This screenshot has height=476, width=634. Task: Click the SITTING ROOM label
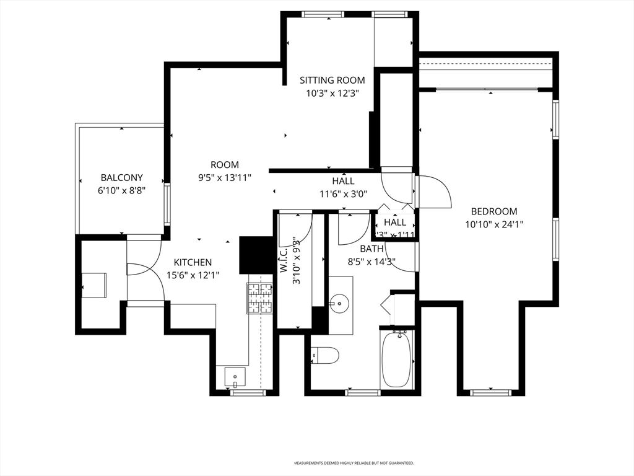click(332, 80)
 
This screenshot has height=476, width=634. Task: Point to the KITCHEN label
click(193, 262)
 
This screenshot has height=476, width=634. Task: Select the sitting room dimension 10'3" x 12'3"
click(332, 93)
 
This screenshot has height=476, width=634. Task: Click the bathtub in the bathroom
click(397, 359)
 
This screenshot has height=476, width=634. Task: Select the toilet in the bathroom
click(325, 356)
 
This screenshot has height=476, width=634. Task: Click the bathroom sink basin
click(340, 303)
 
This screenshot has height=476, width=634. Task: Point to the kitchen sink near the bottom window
click(235, 376)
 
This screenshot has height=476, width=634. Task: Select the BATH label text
click(355, 249)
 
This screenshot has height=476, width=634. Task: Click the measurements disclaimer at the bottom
click(354, 463)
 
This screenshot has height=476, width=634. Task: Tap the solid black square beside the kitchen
click(256, 255)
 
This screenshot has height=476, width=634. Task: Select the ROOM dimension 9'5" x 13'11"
click(224, 177)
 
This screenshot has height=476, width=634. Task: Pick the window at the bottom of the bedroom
click(490, 392)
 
